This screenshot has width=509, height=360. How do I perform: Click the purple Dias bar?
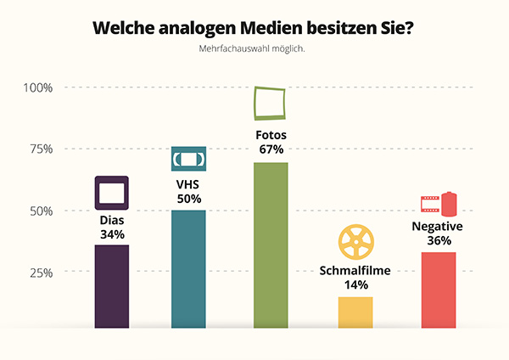tap(112, 285)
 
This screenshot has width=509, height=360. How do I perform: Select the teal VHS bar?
tap(188, 267)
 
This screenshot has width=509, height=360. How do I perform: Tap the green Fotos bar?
tap(271, 245)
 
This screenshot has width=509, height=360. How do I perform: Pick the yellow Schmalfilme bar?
tap(355, 312)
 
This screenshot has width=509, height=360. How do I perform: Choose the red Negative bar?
tap(438, 290)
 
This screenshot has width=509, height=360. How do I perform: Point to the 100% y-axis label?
tap(38, 87)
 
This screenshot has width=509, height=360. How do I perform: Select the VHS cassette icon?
tap(188, 159)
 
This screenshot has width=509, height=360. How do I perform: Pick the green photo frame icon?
tap(271, 103)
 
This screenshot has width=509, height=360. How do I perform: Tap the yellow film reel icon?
tap(355, 242)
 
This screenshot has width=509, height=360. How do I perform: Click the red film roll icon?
tap(439, 204)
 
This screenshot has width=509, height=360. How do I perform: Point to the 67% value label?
tap(271, 149)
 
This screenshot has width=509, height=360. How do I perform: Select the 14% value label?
tap(355, 285)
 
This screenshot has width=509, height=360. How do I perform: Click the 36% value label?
tap(438, 240)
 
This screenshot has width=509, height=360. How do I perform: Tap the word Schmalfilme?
tap(355, 271)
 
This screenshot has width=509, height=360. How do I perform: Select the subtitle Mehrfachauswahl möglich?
tap(252, 48)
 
